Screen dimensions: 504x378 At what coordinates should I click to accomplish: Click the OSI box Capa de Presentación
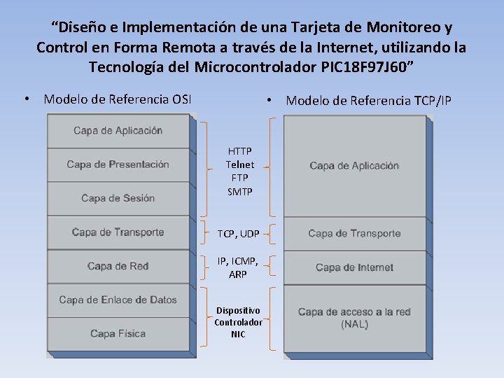click(x=118, y=164)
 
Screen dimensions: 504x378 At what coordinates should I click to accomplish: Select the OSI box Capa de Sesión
click(x=118, y=198)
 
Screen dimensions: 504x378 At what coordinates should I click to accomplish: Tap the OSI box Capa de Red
click(x=118, y=266)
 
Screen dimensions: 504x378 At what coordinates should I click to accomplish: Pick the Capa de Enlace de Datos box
click(x=118, y=300)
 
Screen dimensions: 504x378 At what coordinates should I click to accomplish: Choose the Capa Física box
click(x=118, y=333)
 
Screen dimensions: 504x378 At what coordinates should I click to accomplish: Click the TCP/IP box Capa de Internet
click(x=354, y=267)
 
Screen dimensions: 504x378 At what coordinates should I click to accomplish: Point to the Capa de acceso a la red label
click(x=354, y=312)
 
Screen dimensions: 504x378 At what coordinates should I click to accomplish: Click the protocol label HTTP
click(x=239, y=151)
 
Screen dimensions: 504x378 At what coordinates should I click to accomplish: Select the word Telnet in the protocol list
click(x=239, y=164)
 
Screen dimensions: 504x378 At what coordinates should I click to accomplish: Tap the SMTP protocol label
click(x=239, y=191)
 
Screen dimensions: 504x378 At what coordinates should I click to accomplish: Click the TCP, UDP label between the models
click(x=238, y=233)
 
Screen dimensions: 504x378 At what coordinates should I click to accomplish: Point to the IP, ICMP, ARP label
click(x=238, y=267)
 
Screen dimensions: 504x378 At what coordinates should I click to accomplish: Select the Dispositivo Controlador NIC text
click(x=238, y=322)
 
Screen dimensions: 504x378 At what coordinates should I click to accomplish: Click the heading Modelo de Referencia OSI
click(x=118, y=99)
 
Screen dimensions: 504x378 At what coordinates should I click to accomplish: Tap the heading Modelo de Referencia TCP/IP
click(x=368, y=101)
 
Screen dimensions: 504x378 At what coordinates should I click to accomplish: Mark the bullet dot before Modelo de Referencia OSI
click(x=26, y=99)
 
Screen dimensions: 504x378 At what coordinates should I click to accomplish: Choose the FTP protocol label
click(x=239, y=178)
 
